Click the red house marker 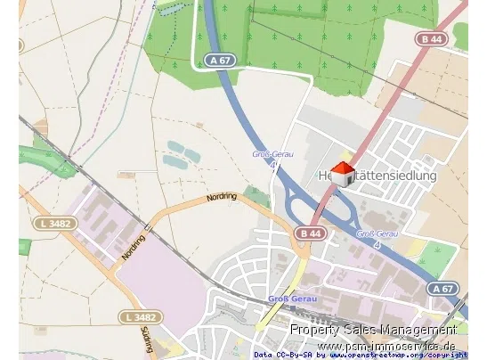pos(343,171)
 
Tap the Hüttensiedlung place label pos(377,176)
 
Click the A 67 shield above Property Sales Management pos(442,289)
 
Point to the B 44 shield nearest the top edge pos(434,39)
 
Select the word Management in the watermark pos(418,330)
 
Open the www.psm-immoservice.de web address pos(387,346)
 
